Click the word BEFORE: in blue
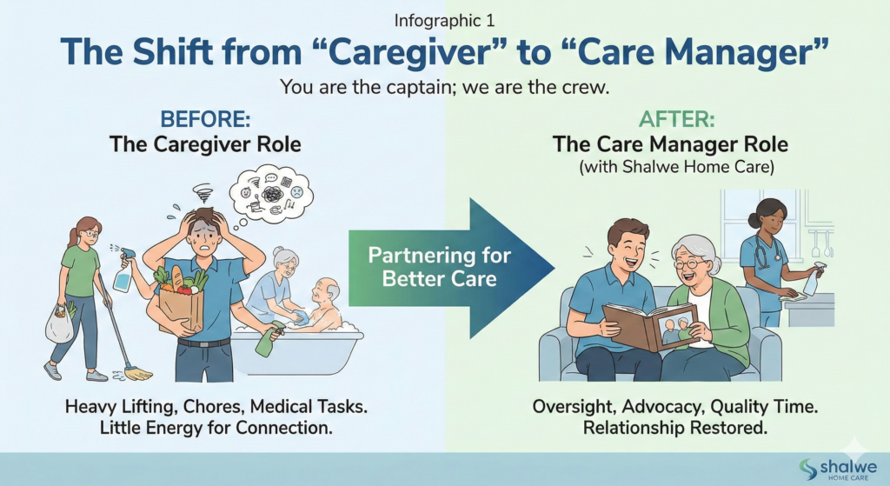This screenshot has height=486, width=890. [205, 119]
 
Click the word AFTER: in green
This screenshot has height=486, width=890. [676, 119]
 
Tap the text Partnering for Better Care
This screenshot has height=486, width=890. [439, 266]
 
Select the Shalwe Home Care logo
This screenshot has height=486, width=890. [837, 469]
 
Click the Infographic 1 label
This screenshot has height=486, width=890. [444, 21]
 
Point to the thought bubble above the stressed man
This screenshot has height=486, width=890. [271, 192]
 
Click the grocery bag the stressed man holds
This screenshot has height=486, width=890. [181, 301]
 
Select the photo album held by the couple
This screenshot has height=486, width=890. [650, 325]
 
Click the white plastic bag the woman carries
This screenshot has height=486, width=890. [60, 324]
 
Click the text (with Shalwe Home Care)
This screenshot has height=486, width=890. [676, 167]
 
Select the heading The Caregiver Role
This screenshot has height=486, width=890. [205, 144]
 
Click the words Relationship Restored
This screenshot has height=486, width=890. [674, 427]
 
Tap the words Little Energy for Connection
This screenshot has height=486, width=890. [216, 427]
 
